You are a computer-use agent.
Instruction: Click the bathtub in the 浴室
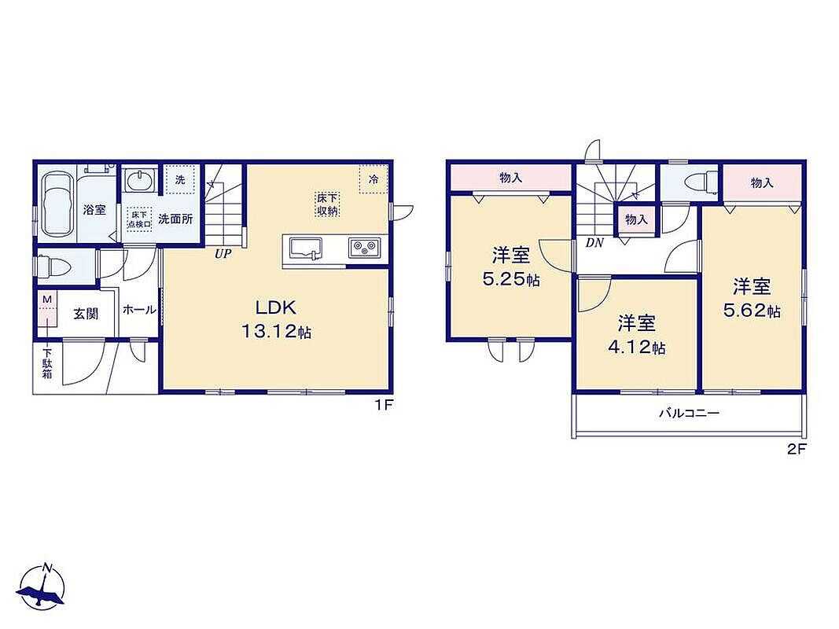point(57,204)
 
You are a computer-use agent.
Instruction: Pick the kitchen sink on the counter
point(306,249)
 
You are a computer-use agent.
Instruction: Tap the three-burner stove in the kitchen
point(364,248)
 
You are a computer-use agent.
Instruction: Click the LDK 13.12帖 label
point(275,319)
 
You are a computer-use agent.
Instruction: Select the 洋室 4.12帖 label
point(637,336)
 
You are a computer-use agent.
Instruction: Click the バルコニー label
point(689,413)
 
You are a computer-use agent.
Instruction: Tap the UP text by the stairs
point(223,254)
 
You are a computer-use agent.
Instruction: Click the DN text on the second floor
point(594,243)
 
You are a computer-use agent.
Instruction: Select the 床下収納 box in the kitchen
point(327,204)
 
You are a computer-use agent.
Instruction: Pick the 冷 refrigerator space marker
point(373,178)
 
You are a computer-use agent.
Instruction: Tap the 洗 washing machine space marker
point(180,180)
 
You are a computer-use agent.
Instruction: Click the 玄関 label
point(86,313)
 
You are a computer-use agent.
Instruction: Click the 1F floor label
point(384,405)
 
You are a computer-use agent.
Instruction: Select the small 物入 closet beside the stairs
point(636,219)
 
